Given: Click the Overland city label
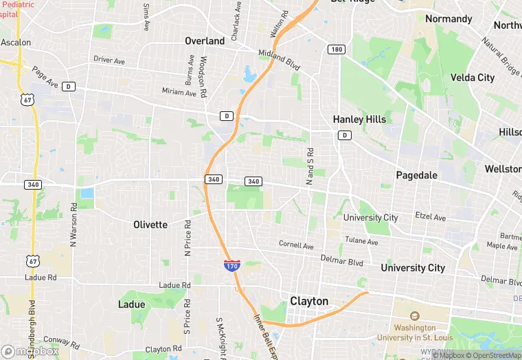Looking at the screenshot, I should tap(205, 41).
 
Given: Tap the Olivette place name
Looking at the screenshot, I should tap(150, 225).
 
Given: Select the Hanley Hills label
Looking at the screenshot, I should tap(359, 120).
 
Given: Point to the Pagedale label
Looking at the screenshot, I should tap(416, 175).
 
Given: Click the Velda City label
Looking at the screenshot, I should tap(472, 78).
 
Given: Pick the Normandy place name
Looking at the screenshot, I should tap(449, 19).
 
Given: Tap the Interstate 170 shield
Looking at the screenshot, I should tap(231, 265).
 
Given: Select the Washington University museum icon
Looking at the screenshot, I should tap(415, 317).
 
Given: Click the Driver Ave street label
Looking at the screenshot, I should tap(109, 61).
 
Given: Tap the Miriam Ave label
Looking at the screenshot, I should tap(179, 91).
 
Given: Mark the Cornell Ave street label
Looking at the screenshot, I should tap(296, 245).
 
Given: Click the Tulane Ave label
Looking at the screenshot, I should tap(361, 242).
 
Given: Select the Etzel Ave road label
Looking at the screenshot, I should tap(431, 217).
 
